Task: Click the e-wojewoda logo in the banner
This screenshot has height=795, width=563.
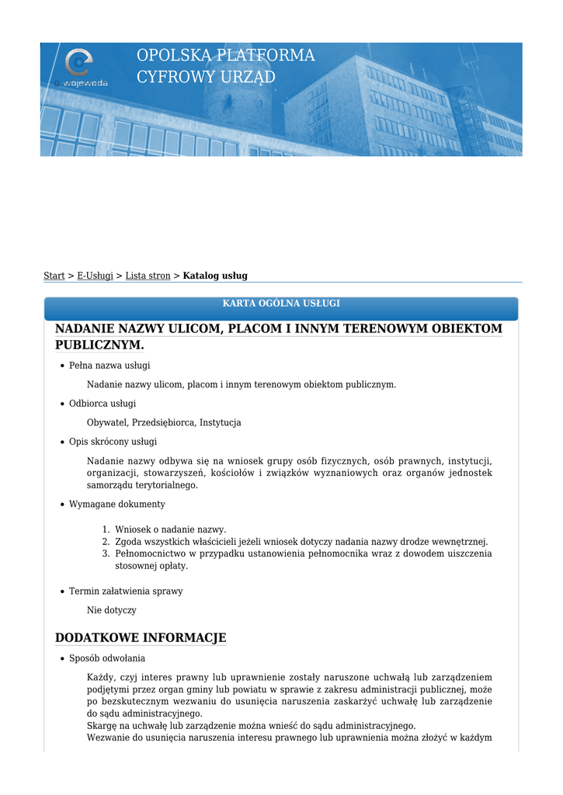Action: [x=79, y=67]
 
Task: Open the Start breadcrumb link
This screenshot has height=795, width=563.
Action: [x=54, y=276]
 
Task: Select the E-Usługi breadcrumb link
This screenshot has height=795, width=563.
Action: [x=95, y=276]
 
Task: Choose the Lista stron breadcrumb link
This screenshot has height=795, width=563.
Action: [x=148, y=276]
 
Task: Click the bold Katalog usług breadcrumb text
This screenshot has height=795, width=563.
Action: [x=215, y=276]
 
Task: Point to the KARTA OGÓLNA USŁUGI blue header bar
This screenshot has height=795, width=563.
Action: [x=281, y=304]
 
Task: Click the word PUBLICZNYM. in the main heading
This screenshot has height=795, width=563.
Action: [x=100, y=344]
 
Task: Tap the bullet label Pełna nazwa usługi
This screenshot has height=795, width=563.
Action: [x=109, y=365]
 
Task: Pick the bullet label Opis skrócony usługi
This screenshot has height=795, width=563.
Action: [x=113, y=441]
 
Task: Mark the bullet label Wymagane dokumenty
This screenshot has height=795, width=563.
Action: [x=116, y=504]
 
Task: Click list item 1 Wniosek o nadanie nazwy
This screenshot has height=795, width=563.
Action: [x=170, y=529]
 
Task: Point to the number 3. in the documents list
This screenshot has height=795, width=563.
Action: [x=106, y=554]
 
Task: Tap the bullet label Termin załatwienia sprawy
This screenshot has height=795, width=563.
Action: [x=126, y=591]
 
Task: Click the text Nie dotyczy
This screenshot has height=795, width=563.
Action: [x=111, y=610]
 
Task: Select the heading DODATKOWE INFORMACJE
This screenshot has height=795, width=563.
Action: [x=141, y=638]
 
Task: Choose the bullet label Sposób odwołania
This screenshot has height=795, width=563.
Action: [x=112, y=658]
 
